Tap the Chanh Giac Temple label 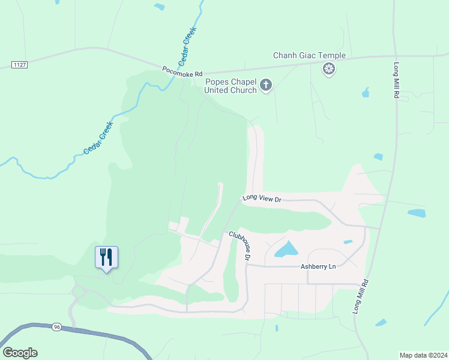[x=309, y=56]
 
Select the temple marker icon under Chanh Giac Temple [x=328, y=70]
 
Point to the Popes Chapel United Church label [x=231, y=86]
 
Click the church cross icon [x=266, y=86]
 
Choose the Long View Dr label [x=262, y=198]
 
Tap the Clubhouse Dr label [x=240, y=246]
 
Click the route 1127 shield [x=19, y=64]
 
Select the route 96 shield [x=57, y=326]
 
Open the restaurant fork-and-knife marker [x=106, y=257]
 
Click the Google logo [x=20, y=353]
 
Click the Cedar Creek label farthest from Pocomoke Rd [x=98, y=138]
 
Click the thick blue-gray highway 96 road [x=108, y=336]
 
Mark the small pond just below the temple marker [x=365, y=93]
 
